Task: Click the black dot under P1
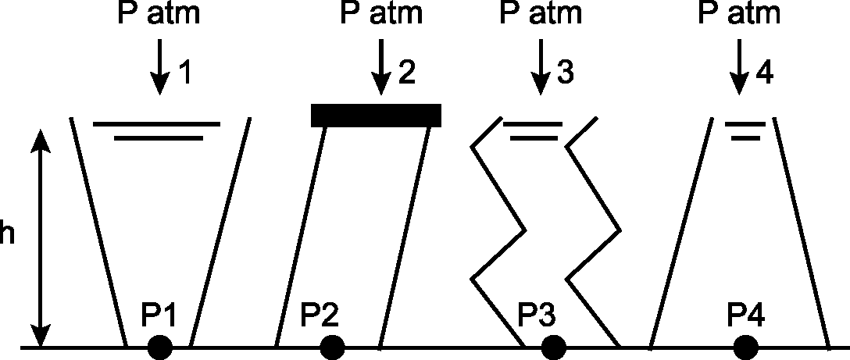160,348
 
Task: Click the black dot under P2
332,348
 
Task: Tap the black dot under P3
553,348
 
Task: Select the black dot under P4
746,348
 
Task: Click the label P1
159,316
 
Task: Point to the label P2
318,316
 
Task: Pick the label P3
538,316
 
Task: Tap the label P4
747,316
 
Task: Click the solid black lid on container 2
376,116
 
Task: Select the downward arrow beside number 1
159,66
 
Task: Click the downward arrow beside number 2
380,66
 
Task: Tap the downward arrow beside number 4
738,66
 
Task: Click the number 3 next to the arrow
564,73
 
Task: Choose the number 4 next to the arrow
764,73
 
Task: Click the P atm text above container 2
381,13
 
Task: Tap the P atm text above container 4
739,13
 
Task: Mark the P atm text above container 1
159,13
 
